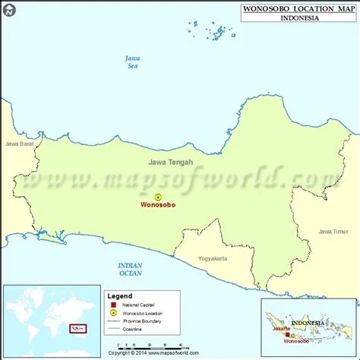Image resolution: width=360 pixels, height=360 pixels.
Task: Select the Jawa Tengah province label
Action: pyautogui.click(x=170, y=162)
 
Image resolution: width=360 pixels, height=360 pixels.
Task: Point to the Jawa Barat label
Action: pyautogui.click(x=20, y=143)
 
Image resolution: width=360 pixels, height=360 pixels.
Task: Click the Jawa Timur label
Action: pyautogui.click(x=335, y=231)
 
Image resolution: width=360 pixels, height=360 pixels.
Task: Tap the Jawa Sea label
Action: pyautogui.click(x=134, y=63)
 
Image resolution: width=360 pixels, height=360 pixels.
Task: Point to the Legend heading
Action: pyautogui.click(x=119, y=296)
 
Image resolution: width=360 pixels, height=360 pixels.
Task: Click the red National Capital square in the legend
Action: pyautogui.click(x=113, y=305)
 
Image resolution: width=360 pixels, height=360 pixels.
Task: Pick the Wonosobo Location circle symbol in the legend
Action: pyautogui.click(x=113, y=313)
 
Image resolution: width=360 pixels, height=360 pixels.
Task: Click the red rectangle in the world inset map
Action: pyautogui.click(x=77, y=328)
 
